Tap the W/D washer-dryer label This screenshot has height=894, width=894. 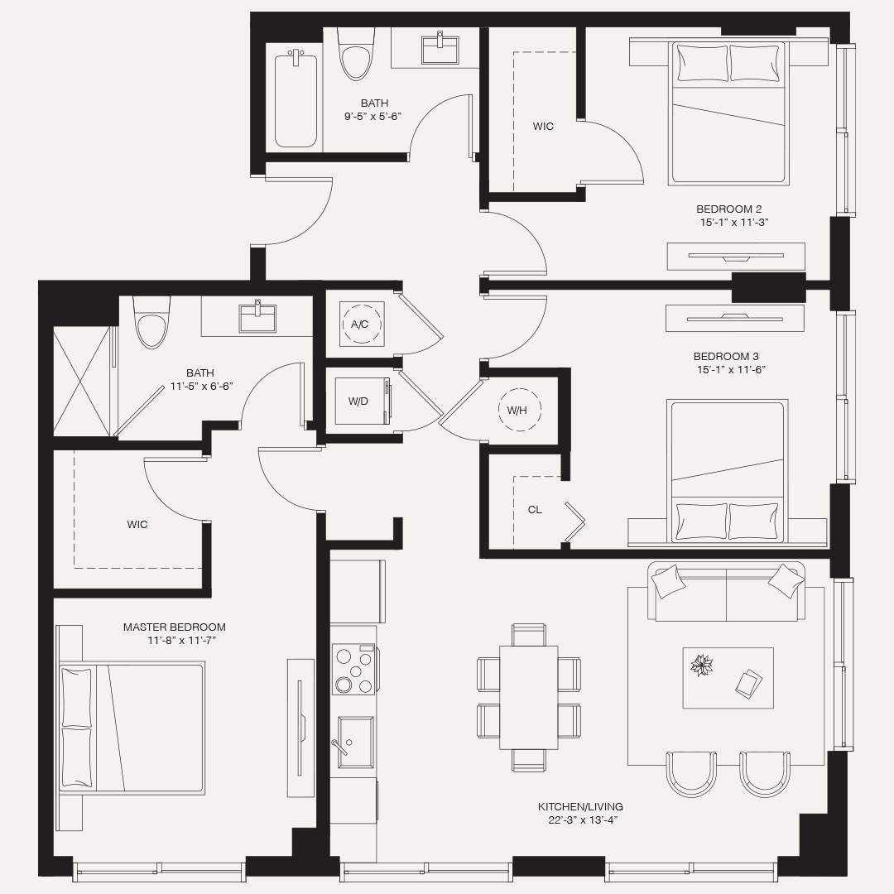[x=358, y=401]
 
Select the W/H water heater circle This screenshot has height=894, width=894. [x=517, y=410]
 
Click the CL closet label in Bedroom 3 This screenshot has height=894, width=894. [x=535, y=510]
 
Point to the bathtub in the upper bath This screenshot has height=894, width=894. [x=296, y=99]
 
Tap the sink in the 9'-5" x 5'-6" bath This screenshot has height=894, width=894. [x=440, y=49]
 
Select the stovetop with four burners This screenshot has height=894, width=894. [x=353, y=669]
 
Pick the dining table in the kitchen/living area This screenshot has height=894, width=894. [x=528, y=696]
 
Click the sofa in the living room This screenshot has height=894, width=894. [x=726, y=593]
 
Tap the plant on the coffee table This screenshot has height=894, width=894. [x=702, y=665]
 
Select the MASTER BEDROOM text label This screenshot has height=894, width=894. [x=174, y=627]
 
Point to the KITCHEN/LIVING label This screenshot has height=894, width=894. [x=580, y=806]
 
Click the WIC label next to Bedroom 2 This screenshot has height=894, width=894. [x=543, y=127]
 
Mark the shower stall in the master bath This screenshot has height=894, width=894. [x=82, y=382]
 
